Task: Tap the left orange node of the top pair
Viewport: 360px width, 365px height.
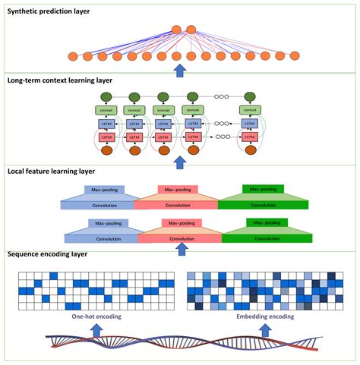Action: click(x=176, y=30)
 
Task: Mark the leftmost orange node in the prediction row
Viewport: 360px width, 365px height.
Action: click(x=73, y=56)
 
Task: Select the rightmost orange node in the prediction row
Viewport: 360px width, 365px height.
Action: click(x=295, y=56)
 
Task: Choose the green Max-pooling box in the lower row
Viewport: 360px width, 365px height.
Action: click(x=263, y=223)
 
